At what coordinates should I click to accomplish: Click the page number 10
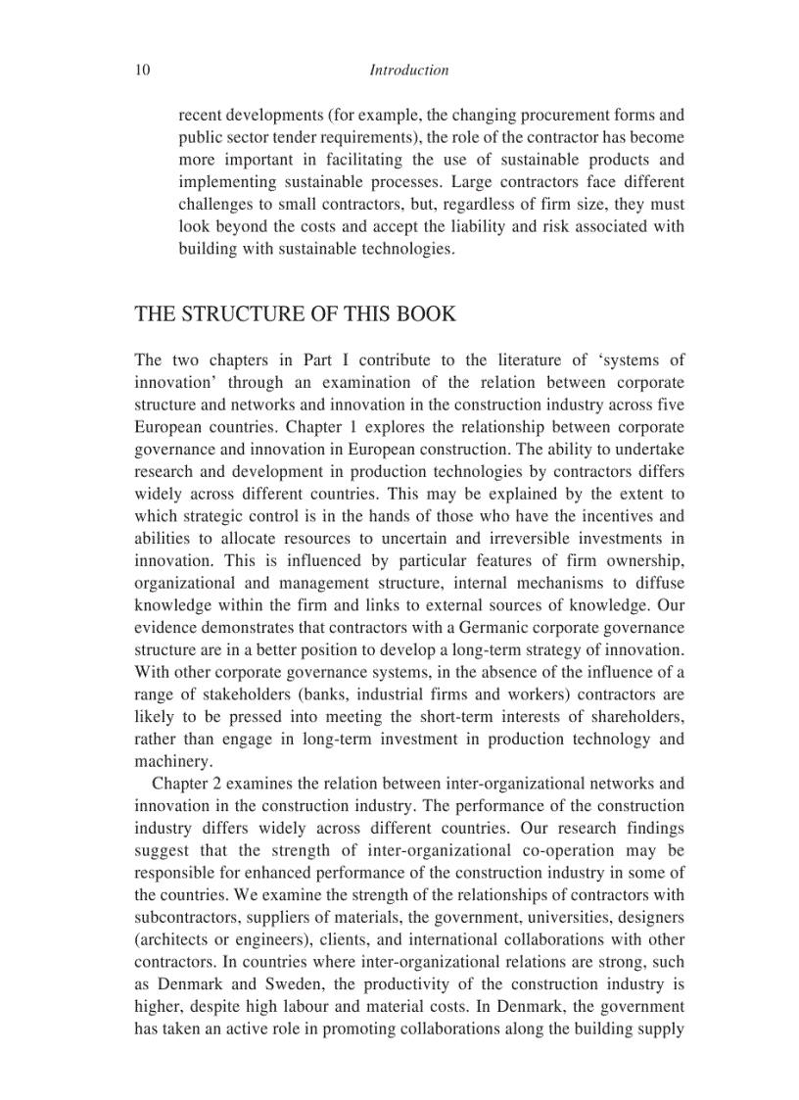[x=142, y=71]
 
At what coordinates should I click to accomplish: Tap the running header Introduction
[x=409, y=71]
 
